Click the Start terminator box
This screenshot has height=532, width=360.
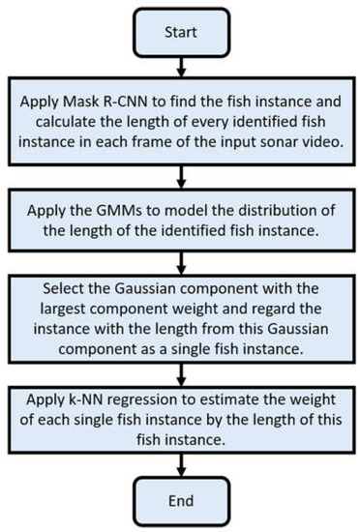click(179, 32)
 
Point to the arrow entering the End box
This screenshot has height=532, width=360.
click(179, 462)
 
